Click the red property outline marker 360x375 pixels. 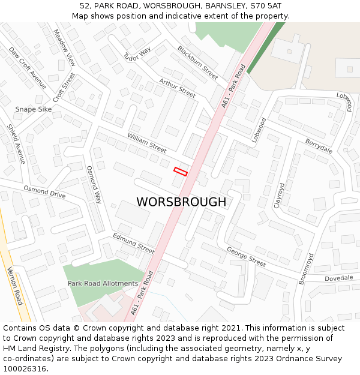tap(181, 172)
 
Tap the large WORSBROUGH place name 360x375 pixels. tap(181, 202)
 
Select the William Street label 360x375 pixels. tap(147, 143)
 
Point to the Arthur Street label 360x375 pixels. tap(177, 88)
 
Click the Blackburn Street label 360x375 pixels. tap(197, 63)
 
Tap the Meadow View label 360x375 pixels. tap(65, 47)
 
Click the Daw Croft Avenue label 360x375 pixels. tap(28, 68)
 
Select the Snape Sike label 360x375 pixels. tap(34, 109)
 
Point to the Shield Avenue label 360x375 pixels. tap(16, 144)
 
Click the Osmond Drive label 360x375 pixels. tap(44, 191)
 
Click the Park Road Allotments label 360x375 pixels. tap(103, 283)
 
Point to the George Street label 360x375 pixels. tap(246, 256)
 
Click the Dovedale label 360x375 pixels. tap(339, 278)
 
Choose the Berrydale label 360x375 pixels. tap(319, 145)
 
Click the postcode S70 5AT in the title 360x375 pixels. tap(260, 6)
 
